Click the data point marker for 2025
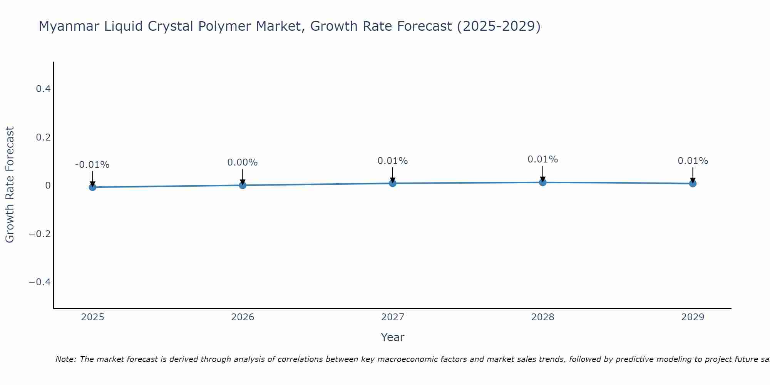pos(92,187)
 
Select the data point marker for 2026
pos(243,185)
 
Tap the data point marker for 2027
pos(393,183)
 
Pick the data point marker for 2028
pos(543,182)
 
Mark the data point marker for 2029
pos(693,184)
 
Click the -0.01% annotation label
pos(92,165)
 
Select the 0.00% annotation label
pos(243,162)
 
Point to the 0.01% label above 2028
pos(543,159)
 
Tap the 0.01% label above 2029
pos(693,161)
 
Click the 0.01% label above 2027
pos(393,161)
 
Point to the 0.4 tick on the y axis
pos(43,89)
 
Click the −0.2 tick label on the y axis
pos(40,234)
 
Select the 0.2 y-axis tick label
pos(43,137)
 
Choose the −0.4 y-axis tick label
pos(40,282)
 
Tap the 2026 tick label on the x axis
pos(243,317)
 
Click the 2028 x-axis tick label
pos(543,317)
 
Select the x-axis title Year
pos(393,337)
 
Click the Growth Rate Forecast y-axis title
pos(10,185)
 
